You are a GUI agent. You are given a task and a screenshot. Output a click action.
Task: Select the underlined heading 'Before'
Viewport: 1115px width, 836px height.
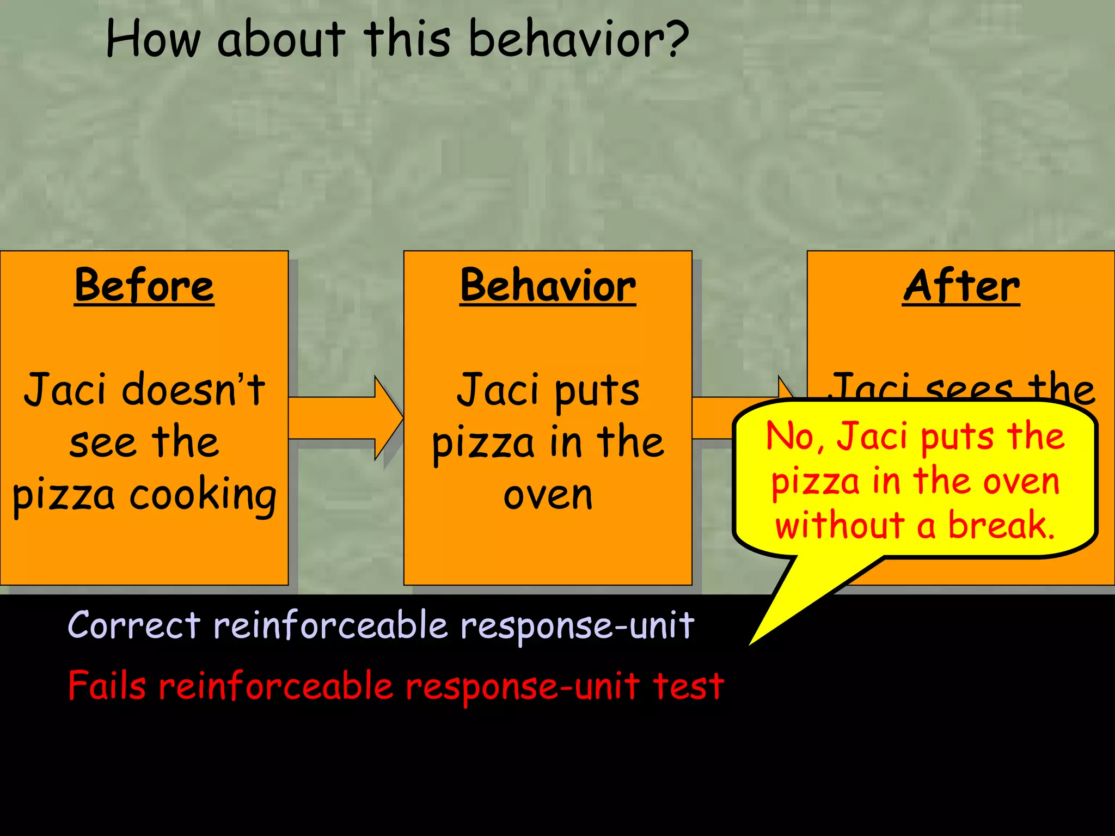tap(144, 286)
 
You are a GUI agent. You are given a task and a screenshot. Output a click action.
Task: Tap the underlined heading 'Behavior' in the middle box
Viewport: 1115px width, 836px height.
tap(548, 286)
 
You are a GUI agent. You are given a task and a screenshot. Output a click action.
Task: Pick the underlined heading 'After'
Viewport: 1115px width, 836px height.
tap(961, 286)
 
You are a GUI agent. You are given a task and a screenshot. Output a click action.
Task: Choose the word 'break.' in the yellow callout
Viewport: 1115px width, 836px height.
tap(1002, 526)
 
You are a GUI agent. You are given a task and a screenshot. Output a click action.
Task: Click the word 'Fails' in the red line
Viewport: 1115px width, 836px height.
tap(107, 686)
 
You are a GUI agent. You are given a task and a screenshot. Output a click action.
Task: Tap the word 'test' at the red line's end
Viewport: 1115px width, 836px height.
tap(688, 686)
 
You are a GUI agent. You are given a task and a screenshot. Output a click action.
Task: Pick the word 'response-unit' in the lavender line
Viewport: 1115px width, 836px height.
tap(577, 626)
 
